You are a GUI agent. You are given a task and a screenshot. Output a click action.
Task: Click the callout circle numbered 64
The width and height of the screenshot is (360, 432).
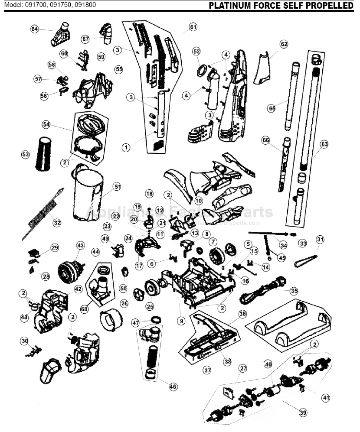[35, 29]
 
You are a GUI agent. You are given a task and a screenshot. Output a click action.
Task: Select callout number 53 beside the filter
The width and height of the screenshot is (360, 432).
[26, 154]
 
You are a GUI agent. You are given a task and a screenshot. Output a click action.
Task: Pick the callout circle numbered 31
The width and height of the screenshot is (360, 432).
[320, 239]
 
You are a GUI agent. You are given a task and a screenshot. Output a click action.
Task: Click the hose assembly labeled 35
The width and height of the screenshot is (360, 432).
[262, 292]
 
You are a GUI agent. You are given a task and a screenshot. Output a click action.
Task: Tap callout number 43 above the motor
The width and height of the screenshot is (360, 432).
[80, 245]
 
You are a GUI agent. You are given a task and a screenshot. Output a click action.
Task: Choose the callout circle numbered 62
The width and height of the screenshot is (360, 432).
[284, 44]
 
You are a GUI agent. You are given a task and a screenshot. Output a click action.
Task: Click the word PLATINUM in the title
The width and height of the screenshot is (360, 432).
[230, 5]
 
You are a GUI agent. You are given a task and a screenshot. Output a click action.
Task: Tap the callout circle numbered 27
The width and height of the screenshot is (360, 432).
[242, 368]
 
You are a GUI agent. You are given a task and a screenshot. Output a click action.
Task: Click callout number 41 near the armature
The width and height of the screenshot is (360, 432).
[325, 397]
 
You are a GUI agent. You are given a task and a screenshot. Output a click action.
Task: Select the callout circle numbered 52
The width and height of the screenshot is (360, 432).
[196, 51]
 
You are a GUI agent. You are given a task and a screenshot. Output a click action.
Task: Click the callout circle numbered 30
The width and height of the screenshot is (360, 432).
[24, 341]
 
